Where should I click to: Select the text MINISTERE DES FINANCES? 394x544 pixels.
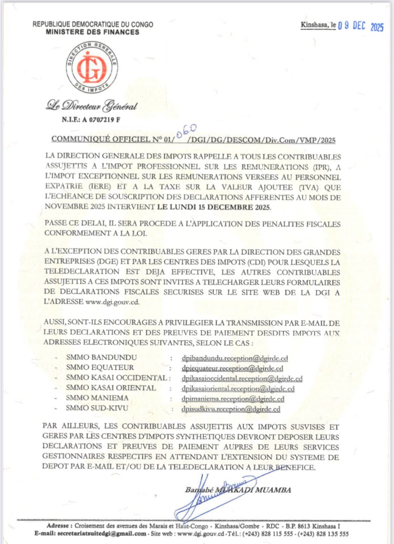pyautogui.click(x=93, y=32)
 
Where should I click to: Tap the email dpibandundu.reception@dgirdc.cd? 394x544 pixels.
pyautogui.click(x=232, y=357)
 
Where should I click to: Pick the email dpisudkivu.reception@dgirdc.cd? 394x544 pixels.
pyautogui.click(x=231, y=409)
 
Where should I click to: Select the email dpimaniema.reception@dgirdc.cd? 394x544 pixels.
pyautogui.click(x=233, y=399)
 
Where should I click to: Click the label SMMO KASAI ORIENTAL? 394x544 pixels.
pyautogui.click(x=111, y=388)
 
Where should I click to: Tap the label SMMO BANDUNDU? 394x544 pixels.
pyautogui.click(x=102, y=357)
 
